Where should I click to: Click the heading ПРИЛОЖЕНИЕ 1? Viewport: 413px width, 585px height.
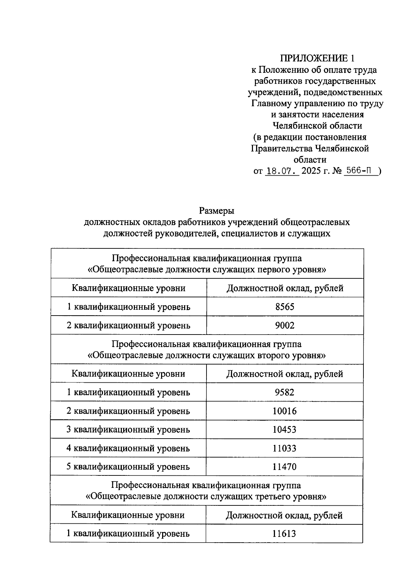tap(317, 58)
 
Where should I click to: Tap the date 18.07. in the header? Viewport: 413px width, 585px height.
tap(282, 171)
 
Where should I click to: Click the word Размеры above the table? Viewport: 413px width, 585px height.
tap(217, 210)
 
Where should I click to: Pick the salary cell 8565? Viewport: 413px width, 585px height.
tap(285, 307)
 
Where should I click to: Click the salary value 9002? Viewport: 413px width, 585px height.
tap(285, 325)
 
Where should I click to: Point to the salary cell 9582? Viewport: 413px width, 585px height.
tap(285, 392)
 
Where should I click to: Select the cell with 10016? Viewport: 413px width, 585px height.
tap(285, 411)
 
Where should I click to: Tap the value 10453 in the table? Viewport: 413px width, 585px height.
tap(285, 430)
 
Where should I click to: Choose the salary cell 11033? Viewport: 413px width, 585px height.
tap(285, 448)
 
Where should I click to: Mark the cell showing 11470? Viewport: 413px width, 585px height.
tap(285, 467)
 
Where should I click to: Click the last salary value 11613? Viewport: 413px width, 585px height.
tap(284, 534)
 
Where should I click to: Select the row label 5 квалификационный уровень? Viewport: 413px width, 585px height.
tap(128, 467)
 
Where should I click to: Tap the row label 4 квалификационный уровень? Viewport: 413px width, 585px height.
tap(128, 448)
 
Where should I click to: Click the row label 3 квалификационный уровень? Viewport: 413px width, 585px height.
tap(128, 430)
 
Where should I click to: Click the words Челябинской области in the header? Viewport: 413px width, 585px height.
tap(317, 126)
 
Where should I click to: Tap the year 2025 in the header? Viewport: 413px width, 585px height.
tap(311, 171)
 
